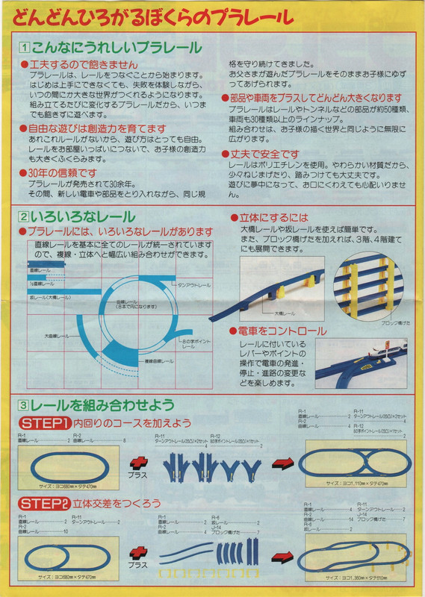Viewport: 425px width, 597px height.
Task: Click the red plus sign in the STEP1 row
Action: click(x=139, y=463)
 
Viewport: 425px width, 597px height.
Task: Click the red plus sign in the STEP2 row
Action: click(x=139, y=552)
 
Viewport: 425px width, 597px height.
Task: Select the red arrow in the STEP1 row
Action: click(x=281, y=463)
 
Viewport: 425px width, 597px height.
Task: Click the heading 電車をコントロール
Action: click(x=282, y=331)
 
